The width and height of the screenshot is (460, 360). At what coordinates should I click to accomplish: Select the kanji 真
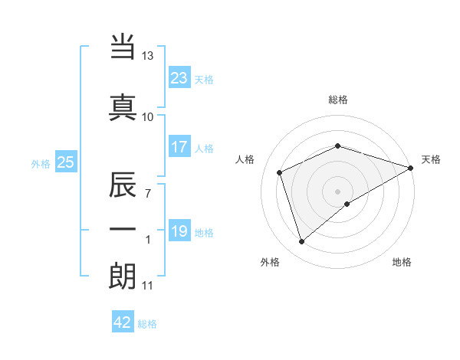coord(123,107)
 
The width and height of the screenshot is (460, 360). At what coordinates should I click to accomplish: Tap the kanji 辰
coord(123,186)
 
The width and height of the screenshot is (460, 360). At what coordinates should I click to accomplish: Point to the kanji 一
coord(123,229)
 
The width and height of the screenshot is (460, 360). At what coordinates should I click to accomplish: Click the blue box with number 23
coord(179,78)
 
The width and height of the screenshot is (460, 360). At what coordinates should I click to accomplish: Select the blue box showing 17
coord(179,147)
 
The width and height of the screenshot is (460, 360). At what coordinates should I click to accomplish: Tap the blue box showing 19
coord(179,231)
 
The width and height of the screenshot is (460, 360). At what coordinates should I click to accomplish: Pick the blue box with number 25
coord(65,162)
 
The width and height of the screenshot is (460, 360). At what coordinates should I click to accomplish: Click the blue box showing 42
coord(123,322)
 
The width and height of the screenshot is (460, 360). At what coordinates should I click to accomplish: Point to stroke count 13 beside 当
coord(147,56)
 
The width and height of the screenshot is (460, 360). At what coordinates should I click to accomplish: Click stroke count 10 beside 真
coord(147,116)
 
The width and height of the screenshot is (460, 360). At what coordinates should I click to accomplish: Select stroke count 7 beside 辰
coord(147,194)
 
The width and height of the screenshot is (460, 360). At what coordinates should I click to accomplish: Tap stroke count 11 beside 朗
coord(147,286)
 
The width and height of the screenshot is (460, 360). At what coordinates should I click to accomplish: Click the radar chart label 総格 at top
coord(338,100)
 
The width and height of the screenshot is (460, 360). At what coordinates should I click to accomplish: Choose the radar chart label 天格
coord(431,159)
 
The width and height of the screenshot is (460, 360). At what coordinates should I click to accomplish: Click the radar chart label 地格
coord(402,262)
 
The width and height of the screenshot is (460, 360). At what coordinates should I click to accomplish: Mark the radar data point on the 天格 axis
coord(412,167)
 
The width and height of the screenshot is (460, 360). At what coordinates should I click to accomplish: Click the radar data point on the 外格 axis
coord(301,242)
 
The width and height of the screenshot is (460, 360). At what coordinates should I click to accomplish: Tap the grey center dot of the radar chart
coord(338,191)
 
